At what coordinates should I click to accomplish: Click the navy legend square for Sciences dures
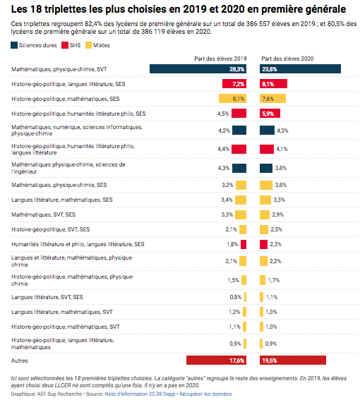pos(14,45)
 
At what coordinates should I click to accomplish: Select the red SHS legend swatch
pos(65,45)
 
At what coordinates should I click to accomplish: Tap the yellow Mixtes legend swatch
pos(88,45)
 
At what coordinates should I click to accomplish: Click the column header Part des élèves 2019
pos(220,59)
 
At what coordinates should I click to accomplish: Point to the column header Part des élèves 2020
pos(287,59)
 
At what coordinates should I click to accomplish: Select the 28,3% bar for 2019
pos(198,69)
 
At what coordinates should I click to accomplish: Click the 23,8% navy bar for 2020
pos(300,69)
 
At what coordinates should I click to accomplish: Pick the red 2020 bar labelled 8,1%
pos(273,84)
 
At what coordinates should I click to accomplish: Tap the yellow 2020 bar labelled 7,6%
pos(272,99)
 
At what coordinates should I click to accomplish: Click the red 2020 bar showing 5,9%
pos(270,114)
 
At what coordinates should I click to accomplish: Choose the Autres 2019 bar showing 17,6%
pos(216,360)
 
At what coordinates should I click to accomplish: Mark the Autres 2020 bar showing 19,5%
pos(293,360)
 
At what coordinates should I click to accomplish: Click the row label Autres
pos(19,360)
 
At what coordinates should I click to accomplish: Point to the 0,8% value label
pos(235,297)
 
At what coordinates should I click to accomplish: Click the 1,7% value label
pos(274,280)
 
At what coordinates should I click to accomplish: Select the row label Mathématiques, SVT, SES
pos(43,214)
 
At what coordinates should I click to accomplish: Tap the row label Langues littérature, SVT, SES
pos(47,297)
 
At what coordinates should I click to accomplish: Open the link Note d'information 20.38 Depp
pos(140,394)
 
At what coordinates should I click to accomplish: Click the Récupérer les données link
pos(205,394)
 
